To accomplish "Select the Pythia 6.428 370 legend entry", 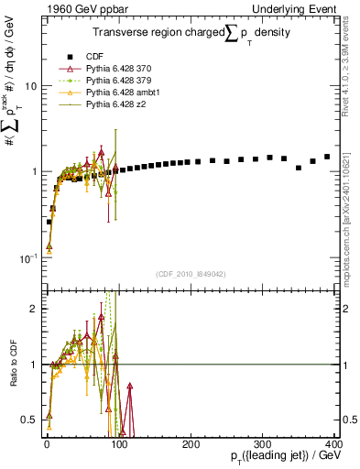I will [x=115, y=70].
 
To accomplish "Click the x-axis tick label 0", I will [x=46, y=443].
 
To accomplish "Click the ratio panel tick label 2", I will [x=34, y=309].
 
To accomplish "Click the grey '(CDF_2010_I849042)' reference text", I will [x=190, y=274].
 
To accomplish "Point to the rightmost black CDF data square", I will [x=327, y=157].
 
